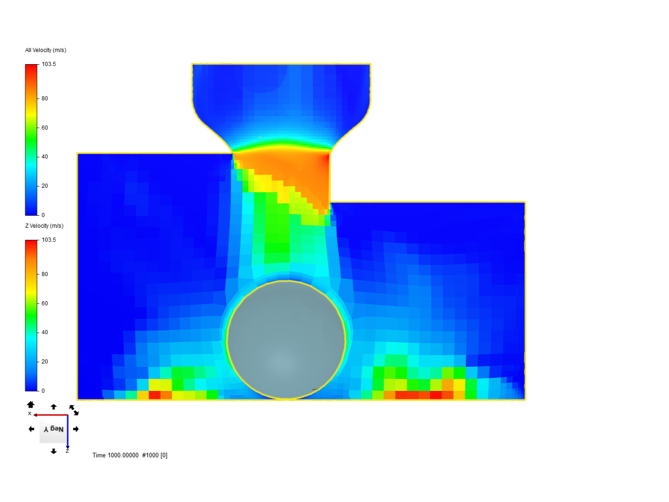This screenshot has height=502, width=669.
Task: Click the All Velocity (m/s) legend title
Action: pos(46,50)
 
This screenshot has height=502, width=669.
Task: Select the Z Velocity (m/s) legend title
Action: pos(44,226)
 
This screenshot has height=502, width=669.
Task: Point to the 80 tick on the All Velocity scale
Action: pos(45,99)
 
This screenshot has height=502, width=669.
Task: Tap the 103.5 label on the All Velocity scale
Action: pos(49,64)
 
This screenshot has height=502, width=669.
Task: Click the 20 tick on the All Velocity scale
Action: pos(45,186)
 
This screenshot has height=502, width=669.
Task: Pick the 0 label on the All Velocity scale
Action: pos(43,215)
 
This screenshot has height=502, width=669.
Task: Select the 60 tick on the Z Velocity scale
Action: pos(45,303)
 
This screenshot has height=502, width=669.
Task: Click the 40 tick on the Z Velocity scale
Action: pos(45,332)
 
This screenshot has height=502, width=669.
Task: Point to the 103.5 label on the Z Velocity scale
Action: pos(49,240)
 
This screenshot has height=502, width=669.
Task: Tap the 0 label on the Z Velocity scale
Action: pos(43,391)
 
